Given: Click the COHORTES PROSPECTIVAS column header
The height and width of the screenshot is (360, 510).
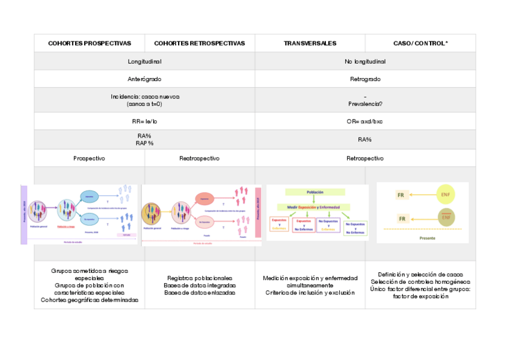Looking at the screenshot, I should [x=90, y=43].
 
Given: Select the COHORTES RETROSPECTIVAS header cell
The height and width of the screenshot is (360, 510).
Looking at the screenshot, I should [x=200, y=43].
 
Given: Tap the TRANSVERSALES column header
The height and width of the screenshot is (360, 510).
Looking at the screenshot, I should [x=310, y=43].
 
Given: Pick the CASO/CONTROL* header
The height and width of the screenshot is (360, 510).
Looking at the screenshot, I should [x=420, y=43].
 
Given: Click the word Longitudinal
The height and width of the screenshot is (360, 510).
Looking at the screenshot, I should [x=145, y=61].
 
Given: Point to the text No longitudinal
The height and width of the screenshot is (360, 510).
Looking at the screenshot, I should [x=365, y=61].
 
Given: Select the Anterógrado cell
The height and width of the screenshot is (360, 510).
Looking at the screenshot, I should [x=145, y=79].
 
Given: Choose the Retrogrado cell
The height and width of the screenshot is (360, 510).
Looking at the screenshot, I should [x=365, y=79].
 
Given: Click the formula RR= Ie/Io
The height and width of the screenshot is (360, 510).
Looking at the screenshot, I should [x=145, y=121].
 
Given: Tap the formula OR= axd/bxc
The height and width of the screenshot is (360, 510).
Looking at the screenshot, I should [x=365, y=121].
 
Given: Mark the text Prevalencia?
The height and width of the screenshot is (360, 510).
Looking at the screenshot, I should [x=365, y=103].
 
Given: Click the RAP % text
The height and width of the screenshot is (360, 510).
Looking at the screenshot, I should [x=145, y=142].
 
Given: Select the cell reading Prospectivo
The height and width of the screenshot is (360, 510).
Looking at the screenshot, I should [x=90, y=158].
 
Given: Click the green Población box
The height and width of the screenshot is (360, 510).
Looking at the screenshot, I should [x=315, y=192].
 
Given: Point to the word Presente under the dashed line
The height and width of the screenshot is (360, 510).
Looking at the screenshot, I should [x=422, y=237].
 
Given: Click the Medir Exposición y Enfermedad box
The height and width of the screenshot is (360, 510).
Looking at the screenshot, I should [x=315, y=207].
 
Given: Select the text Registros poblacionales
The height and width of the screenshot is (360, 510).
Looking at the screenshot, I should [x=200, y=278].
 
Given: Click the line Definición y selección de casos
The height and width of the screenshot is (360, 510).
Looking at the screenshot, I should [x=420, y=275].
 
